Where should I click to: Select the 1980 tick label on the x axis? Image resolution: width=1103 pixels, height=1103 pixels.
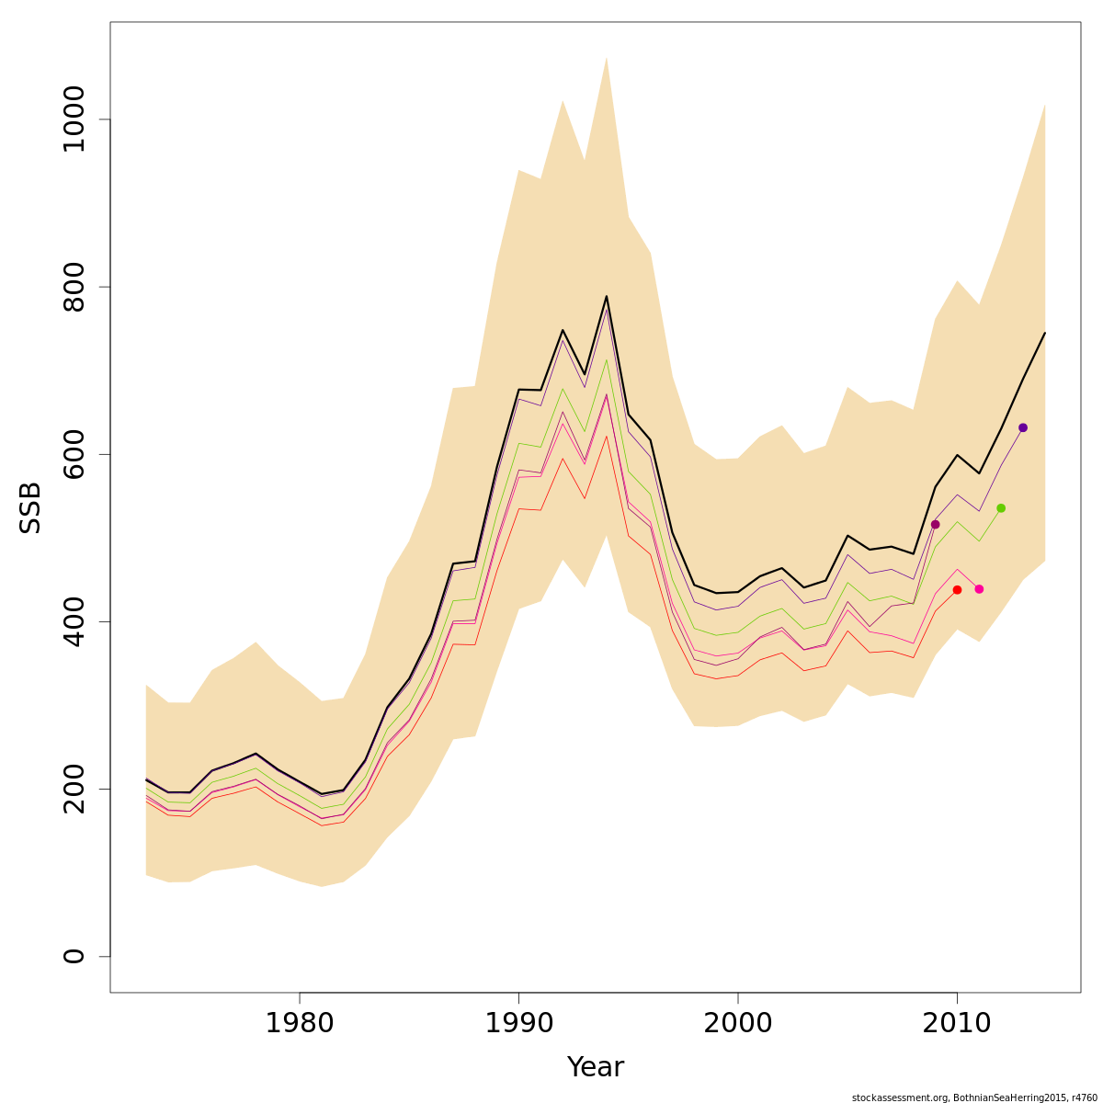click(300, 1024)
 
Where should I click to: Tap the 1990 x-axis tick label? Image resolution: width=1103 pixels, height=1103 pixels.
click(519, 1024)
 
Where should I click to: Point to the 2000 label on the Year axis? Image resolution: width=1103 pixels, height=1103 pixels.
click(738, 1024)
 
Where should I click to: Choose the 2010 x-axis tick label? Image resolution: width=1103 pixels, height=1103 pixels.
click(957, 1024)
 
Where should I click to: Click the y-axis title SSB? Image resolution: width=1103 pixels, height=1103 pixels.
click(31, 507)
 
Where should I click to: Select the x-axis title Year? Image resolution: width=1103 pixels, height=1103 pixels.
click(596, 1067)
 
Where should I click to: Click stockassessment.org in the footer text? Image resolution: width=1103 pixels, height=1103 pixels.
click(899, 1097)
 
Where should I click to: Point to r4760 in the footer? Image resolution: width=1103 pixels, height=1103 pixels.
click(1078, 1097)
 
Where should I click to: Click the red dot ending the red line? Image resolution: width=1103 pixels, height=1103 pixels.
click(957, 590)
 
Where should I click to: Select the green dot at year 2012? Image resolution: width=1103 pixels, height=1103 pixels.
click(1001, 508)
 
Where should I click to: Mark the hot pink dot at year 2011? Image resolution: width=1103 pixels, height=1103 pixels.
click(979, 589)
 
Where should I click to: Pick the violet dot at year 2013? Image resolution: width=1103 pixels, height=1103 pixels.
click(1023, 427)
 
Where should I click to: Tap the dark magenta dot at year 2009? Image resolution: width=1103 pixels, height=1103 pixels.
click(935, 525)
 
